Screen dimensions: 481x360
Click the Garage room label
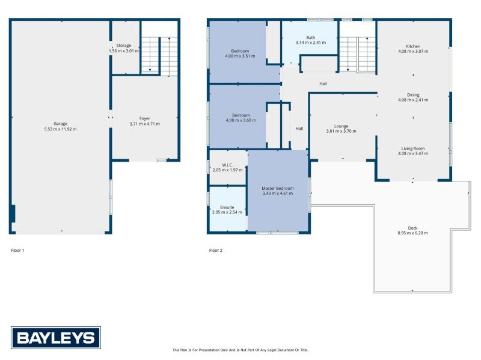61,124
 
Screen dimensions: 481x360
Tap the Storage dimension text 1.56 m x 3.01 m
124,51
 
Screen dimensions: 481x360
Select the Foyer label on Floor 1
145,118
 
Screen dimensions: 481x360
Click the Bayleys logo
56,338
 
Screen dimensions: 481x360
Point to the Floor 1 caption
17,250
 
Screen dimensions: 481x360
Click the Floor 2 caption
216,250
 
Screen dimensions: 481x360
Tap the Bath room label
311,37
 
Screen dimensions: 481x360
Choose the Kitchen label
413,46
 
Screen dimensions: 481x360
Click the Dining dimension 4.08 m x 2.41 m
413,100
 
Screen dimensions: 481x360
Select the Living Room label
413,148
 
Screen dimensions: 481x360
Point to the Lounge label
341,126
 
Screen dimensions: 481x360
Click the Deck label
412,228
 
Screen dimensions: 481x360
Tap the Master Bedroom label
278,188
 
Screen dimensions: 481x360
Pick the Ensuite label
227,207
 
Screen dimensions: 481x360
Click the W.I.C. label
227,165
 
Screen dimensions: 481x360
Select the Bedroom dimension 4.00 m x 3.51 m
240,56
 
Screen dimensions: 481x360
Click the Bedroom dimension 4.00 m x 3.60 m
241,121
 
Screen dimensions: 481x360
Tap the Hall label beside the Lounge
299,129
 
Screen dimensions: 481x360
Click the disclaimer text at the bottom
240,350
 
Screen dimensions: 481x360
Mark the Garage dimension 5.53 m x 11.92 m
61,129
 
